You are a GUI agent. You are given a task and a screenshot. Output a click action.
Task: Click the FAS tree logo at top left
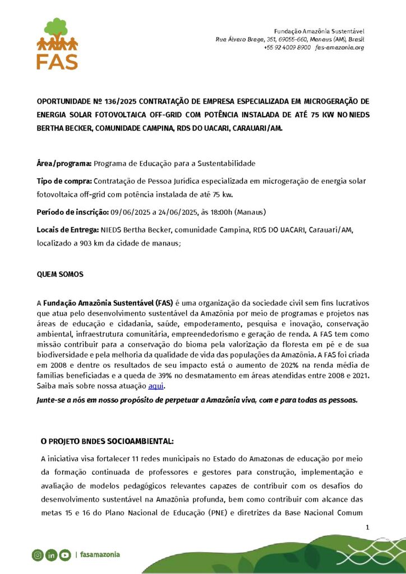pyautogui.click(x=57, y=43)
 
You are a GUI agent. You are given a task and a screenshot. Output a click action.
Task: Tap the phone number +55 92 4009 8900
pyautogui.click(x=287, y=48)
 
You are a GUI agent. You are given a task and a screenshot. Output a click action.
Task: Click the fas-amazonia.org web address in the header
pyautogui.click(x=340, y=48)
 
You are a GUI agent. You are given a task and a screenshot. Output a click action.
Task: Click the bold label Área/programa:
pyautogui.click(x=64, y=163)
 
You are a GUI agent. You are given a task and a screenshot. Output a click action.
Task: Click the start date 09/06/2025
pyautogui.click(x=128, y=212)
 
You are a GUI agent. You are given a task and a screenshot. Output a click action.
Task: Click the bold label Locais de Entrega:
pyautogui.click(x=68, y=230)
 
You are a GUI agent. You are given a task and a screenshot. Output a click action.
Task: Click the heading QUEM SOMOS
pyautogui.click(x=60, y=275)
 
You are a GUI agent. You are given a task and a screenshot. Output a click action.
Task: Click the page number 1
pyautogui.click(x=367, y=527)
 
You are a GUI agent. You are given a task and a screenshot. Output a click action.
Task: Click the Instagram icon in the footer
pyautogui.click(x=38, y=555)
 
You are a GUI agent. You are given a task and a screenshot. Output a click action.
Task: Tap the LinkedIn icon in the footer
pyautogui.click(x=51, y=555)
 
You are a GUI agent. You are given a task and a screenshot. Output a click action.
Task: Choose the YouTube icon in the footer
pyautogui.click(x=65, y=555)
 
